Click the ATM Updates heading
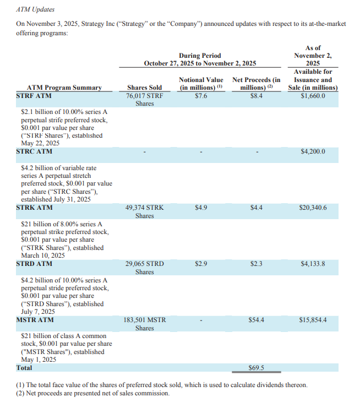coord(36,10)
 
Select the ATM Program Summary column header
coord(64,88)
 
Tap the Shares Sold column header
coord(144,88)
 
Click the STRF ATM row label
coord(34,96)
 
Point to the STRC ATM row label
coord(35,151)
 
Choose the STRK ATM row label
coord(35,208)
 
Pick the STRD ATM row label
coord(35,264)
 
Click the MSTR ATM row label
coord(35,319)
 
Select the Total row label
coord(24,368)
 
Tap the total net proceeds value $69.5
coord(257,368)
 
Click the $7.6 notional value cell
coord(201,96)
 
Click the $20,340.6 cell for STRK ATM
coord(313,208)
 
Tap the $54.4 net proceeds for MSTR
coord(257,319)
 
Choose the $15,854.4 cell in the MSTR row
coord(313,319)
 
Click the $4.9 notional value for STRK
coord(201,208)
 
